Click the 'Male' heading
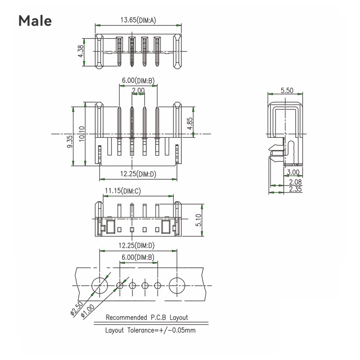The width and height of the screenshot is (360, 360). point(35,21)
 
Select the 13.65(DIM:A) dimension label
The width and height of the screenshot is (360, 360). point(138,20)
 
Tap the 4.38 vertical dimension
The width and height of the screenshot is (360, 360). point(81,51)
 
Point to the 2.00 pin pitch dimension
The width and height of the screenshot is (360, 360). point(138,90)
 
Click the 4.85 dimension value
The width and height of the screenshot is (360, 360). point(189,123)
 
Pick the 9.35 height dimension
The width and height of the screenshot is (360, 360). point(70,141)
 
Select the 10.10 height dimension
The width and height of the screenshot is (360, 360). point(81,134)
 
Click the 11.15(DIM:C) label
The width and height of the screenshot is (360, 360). point(123,191)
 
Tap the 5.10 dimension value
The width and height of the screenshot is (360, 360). point(198,220)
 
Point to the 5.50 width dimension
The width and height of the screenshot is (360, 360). point(287,90)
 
